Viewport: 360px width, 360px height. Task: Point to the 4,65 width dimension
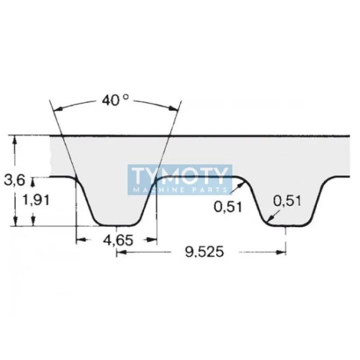(118, 240)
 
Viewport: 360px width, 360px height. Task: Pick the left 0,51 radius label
(228, 207)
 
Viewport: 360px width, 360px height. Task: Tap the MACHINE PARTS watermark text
(180, 190)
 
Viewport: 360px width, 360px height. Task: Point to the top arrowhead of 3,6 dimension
(15, 139)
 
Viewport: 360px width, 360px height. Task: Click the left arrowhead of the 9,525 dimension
(120, 252)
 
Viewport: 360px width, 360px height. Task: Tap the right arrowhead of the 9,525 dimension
(283, 252)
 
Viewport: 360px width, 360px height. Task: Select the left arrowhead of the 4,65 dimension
(80, 240)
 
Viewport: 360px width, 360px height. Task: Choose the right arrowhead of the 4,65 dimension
(154, 240)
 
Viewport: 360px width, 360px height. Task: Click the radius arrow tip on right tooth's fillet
(267, 221)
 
